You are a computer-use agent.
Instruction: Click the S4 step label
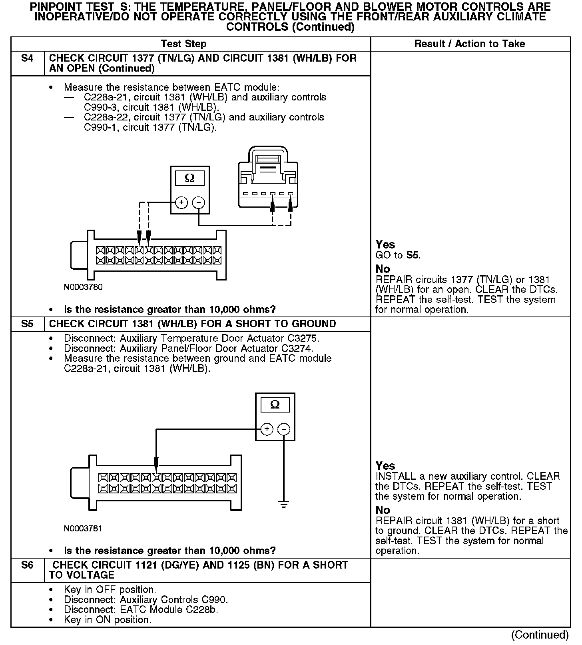coord(27,58)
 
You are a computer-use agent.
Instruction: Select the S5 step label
coord(27,324)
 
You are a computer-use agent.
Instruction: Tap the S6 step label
coord(27,565)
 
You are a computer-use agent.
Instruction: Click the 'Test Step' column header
coord(183,44)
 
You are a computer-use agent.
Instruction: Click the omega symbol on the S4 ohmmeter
coord(189,178)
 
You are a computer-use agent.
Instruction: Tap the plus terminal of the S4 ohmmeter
coord(181,202)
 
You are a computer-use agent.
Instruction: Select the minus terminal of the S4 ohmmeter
coord(199,202)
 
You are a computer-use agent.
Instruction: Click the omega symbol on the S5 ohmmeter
coord(275,405)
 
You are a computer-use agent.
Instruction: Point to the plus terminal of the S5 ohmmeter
coord(267,429)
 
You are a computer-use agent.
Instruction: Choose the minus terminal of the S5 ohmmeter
coord(284,429)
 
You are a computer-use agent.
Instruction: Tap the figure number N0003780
coord(83,287)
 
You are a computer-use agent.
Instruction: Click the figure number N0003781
coord(83,529)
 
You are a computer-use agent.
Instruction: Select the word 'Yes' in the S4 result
coord(385,244)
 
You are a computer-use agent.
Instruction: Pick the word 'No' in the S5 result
coord(383,510)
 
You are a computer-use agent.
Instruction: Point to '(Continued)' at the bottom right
coord(540,635)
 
